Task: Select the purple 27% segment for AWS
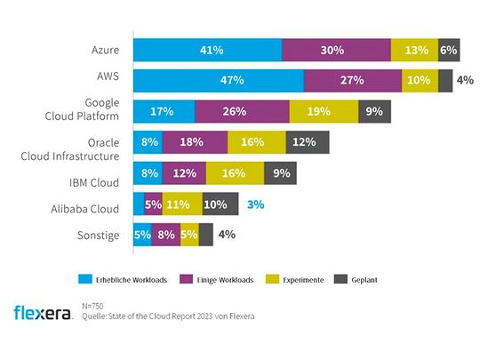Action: point(352,80)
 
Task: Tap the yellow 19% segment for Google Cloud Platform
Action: point(324,111)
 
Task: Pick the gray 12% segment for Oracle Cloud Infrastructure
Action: point(308,142)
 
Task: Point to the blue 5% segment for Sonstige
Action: point(142,235)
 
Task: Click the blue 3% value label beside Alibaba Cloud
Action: point(256,204)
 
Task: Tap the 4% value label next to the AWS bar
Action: point(464,80)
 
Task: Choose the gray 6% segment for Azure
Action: point(448,51)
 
